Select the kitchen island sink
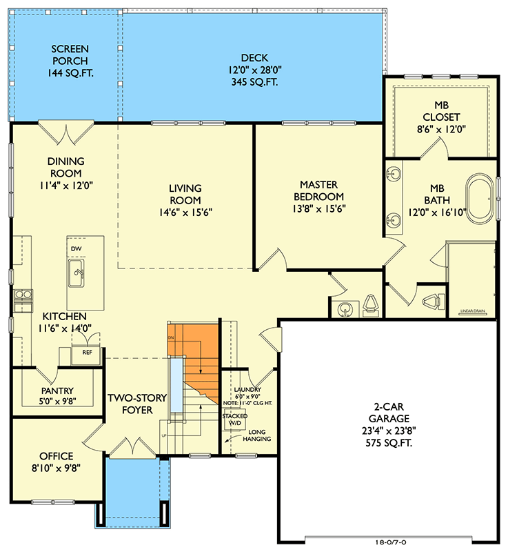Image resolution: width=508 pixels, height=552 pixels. pyautogui.click(x=77, y=273)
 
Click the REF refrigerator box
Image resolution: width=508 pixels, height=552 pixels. pyautogui.click(x=87, y=352)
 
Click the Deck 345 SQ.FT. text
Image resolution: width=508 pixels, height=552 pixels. pyautogui.click(x=254, y=83)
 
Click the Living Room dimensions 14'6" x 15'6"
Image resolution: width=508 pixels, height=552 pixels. pyautogui.click(x=185, y=212)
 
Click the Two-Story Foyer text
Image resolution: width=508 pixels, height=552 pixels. pyautogui.click(x=138, y=404)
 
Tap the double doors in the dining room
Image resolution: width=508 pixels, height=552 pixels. pyautogui.click(x=65, y=129)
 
